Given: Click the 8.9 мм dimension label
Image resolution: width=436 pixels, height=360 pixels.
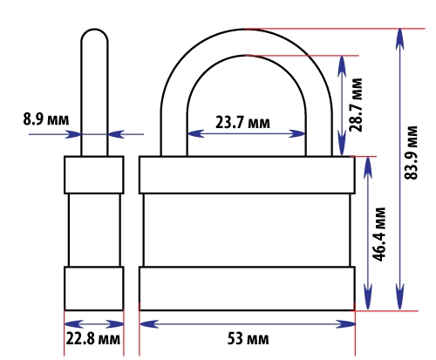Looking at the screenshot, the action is coord(46,119).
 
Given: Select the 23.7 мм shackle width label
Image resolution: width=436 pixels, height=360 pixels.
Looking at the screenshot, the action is coord(242,122).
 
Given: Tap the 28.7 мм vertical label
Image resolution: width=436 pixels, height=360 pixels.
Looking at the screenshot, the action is coord(356,105).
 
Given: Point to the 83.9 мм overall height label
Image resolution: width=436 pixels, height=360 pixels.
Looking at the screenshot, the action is coord(411,153).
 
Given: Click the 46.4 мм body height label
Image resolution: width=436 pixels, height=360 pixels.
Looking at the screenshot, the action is coord(379,234).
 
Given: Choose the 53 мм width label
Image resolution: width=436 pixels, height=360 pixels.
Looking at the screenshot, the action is coord(248,338).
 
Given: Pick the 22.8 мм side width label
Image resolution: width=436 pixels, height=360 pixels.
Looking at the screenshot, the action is coord(93,338).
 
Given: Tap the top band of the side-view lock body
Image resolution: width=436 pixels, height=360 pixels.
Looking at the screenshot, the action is coord(94,175).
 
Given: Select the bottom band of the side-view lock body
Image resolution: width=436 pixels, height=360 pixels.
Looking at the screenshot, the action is coord(94,289).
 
